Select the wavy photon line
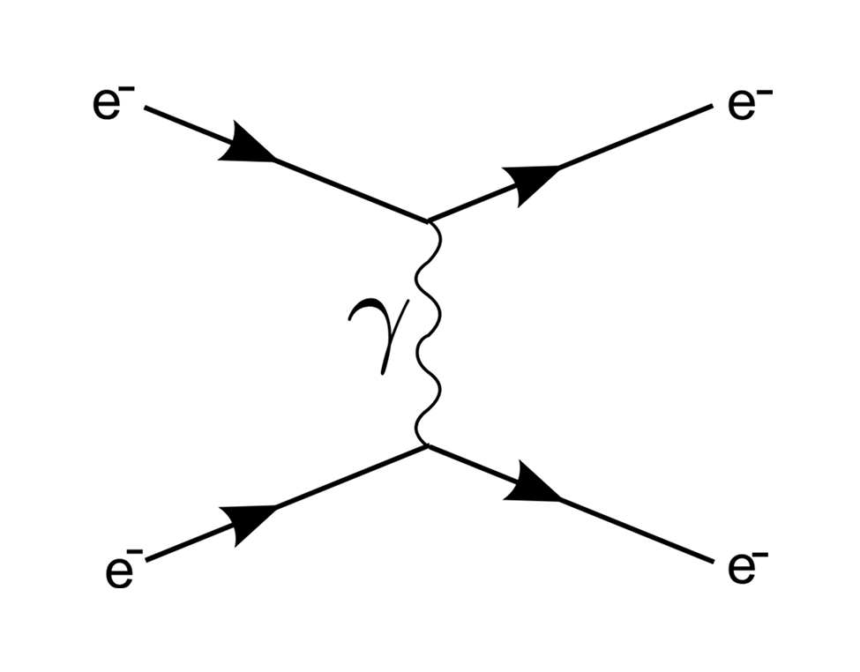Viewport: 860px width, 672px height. point(429,333)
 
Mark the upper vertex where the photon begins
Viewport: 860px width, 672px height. point(429,221)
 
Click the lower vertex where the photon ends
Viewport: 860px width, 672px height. point(428,446)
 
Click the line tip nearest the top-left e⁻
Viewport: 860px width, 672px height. point(145,108)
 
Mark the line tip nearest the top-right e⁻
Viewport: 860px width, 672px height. point(713,106)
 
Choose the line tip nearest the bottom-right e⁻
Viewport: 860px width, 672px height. point(714,562)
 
